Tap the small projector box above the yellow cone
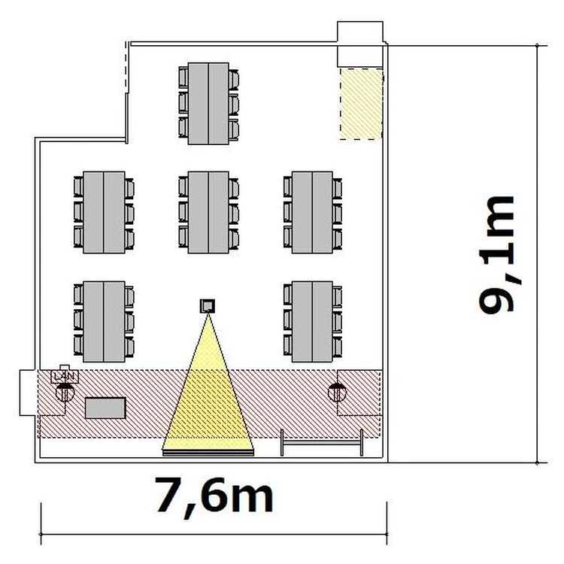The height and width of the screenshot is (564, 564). (208, 306)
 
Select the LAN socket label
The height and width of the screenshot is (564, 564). (65, 377)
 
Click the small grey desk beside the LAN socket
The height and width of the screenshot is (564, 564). (105, 408)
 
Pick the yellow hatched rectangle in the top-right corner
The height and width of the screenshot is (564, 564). (361, 104)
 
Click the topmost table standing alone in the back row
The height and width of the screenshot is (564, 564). (208, 104)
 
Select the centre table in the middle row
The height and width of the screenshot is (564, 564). (208, 212)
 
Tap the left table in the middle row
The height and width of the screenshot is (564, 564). (104, 212)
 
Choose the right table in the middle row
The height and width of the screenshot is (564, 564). (312, 212)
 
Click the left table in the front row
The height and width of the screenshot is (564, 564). (104, 322)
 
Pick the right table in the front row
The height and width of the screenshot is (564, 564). (312, 322)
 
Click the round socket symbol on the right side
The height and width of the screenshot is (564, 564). (338, 392)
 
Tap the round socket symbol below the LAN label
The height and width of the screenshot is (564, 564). (65, 392)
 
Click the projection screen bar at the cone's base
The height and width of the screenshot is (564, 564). (208, 453)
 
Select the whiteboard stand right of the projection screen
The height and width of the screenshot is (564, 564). (322, 443)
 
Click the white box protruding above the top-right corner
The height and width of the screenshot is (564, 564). (360, 44)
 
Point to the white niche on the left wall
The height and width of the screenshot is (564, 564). (29, 393)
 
